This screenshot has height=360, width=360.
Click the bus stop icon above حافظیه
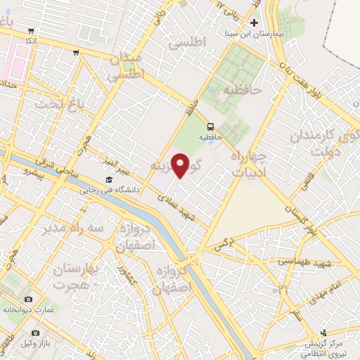[210, 127]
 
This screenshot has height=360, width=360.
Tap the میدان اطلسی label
[129, 65]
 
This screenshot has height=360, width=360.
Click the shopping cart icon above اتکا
[31, 31]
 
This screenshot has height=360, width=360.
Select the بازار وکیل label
[37, 342]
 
